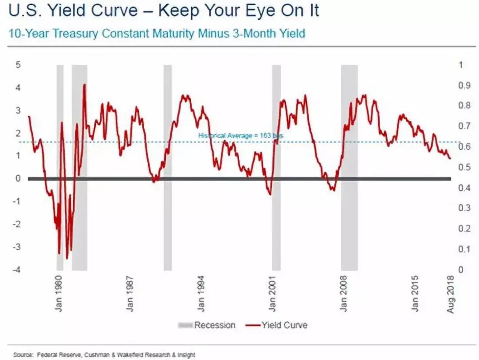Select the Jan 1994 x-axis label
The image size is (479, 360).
[201, 295]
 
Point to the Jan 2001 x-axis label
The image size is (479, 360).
[272, 295]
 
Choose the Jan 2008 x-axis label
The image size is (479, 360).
[344, 295]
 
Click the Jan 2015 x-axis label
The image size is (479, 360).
[415, 295]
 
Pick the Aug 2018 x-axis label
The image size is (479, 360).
[451, 295]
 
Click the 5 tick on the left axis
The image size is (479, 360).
[18, 65]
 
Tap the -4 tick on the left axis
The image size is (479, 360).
[17, 270]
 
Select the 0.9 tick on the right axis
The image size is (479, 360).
[464, 85]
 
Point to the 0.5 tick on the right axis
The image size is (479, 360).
[464, 167]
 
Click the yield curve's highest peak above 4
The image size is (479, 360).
[84, 85]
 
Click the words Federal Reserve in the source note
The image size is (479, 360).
[56, 355]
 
